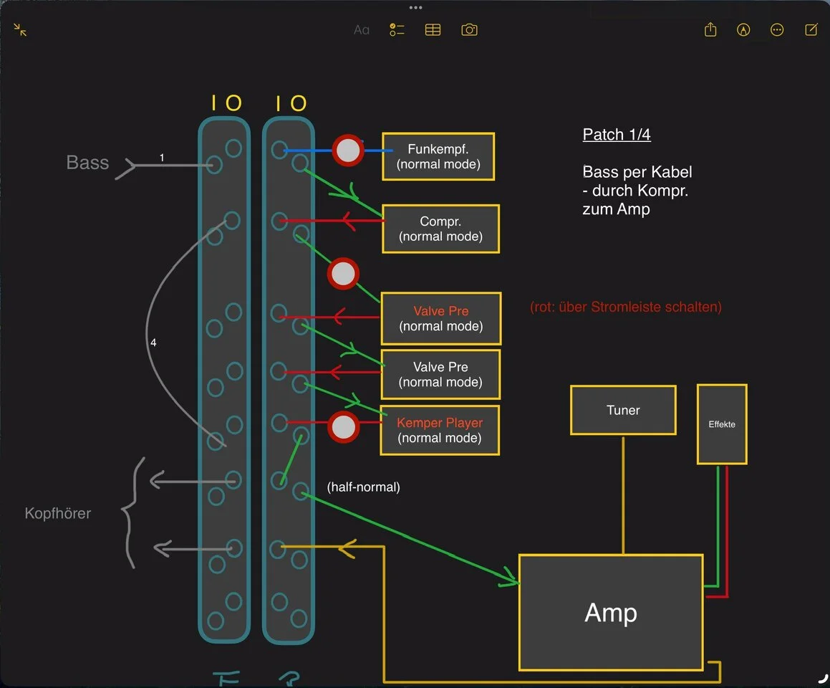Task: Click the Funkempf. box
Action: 438,157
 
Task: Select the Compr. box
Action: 440,229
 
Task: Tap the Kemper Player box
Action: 440,430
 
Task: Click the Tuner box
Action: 623,410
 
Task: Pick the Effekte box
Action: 722,424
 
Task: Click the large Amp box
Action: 611,612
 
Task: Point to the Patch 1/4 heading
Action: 617,135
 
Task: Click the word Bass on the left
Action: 87,163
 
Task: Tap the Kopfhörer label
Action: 58,513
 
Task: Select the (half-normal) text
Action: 363,487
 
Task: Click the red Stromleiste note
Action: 625,307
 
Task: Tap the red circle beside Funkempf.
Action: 348,150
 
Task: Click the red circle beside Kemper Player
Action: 343,427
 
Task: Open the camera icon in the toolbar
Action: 469,30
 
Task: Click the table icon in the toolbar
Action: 433,30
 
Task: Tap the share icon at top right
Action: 710,30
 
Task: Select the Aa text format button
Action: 362,30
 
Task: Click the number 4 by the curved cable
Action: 153,343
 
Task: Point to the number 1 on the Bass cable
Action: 163,157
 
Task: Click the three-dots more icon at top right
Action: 777,30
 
